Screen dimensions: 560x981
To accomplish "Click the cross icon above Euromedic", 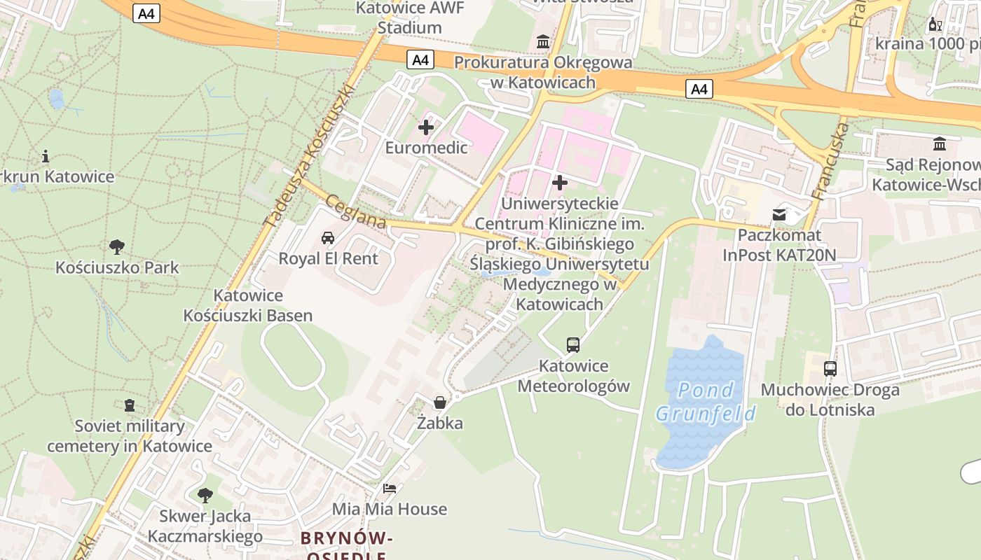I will click(x=426, y=127).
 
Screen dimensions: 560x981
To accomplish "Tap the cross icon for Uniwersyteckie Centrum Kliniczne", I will click(x=559, y=183).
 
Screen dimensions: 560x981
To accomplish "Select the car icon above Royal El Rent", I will click(x=328, y=238).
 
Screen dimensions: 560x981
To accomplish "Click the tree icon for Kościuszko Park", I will click(x=117, y=246).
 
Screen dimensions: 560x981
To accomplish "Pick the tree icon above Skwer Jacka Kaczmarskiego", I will click(x=205, y=496).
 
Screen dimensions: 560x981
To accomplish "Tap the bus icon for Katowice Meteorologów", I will click(x=573, y=344).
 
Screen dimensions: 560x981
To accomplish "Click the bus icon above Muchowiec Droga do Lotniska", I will click(x=830, y=368).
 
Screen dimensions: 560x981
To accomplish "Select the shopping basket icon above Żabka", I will click(x=440, y=402).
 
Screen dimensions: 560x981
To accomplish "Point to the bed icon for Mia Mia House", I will click(x=390, y=488).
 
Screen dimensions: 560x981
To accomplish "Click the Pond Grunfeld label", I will click(x=706, y=402).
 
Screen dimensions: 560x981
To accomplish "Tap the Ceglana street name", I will click(x=356, y=211).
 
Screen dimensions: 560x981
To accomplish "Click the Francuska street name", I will click(x=830, y=162).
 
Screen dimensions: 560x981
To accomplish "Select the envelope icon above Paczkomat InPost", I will click(x=779, y=214).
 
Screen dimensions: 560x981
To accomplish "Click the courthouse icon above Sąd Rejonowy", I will click(x=940, y=144).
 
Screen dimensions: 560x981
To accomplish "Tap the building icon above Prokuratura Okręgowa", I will click(x=543, y=42).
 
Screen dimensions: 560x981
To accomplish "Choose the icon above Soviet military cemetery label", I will click(x=130, y=405).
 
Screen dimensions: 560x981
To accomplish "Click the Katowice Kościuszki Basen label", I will click(x=248, y=305).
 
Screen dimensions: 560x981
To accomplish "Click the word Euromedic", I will click(x=426, y=148).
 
